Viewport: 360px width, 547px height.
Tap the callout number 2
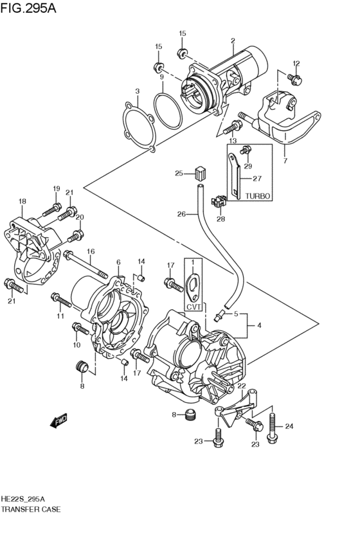[233, 40]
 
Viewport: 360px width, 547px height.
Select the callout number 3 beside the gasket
[136, 91]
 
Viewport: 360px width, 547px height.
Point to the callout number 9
[161, 77]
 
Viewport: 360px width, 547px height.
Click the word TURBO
[258, 195]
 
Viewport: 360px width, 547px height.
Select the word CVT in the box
[193, 308]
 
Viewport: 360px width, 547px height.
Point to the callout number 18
[22, 201]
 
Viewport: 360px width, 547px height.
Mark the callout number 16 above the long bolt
[91, 251]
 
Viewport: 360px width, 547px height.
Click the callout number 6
[118, 262]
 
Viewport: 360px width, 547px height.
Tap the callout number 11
[60, 316]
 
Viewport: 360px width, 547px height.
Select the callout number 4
[259, 326]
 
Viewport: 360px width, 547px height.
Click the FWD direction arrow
[59, 421]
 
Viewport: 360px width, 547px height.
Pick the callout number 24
[289, 426]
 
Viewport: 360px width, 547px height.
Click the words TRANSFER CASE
[31, 509]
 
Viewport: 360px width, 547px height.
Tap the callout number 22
[242, 386]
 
